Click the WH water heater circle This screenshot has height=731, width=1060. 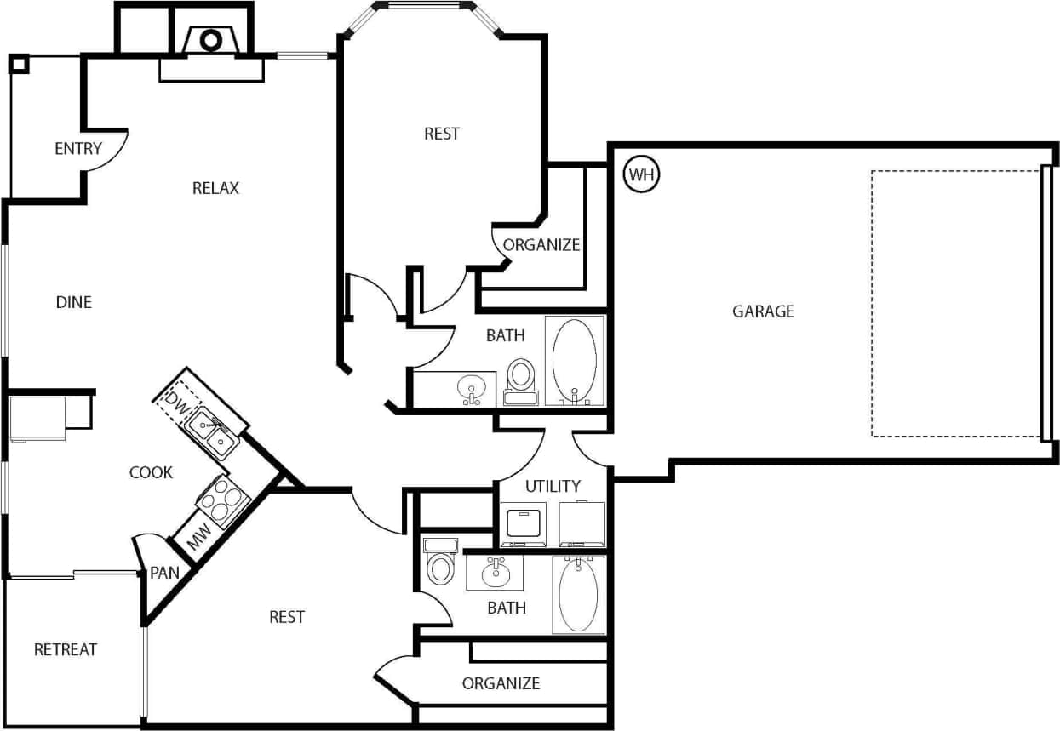coord(642,175)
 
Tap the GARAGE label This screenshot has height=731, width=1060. coord(763,311)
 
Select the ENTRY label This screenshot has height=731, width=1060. coord(78,149)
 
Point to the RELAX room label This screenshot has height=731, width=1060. coord(215,188)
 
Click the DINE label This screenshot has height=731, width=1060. coord(74,302)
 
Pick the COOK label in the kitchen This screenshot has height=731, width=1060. coord(151,472)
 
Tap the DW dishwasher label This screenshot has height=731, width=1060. coord(175,399)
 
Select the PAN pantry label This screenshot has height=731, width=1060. coord(164,573)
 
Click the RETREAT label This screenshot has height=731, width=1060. coord(66,650)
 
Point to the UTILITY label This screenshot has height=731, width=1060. coord(553,487)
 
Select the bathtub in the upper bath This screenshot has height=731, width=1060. coord(575,361)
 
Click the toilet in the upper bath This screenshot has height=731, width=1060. coord(520,378)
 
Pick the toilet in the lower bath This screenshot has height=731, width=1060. coord(440,563)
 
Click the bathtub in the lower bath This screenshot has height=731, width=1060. coord(578,595)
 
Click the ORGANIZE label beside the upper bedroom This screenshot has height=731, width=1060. coord(541,245)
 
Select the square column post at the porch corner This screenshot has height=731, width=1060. coord(19,64)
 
